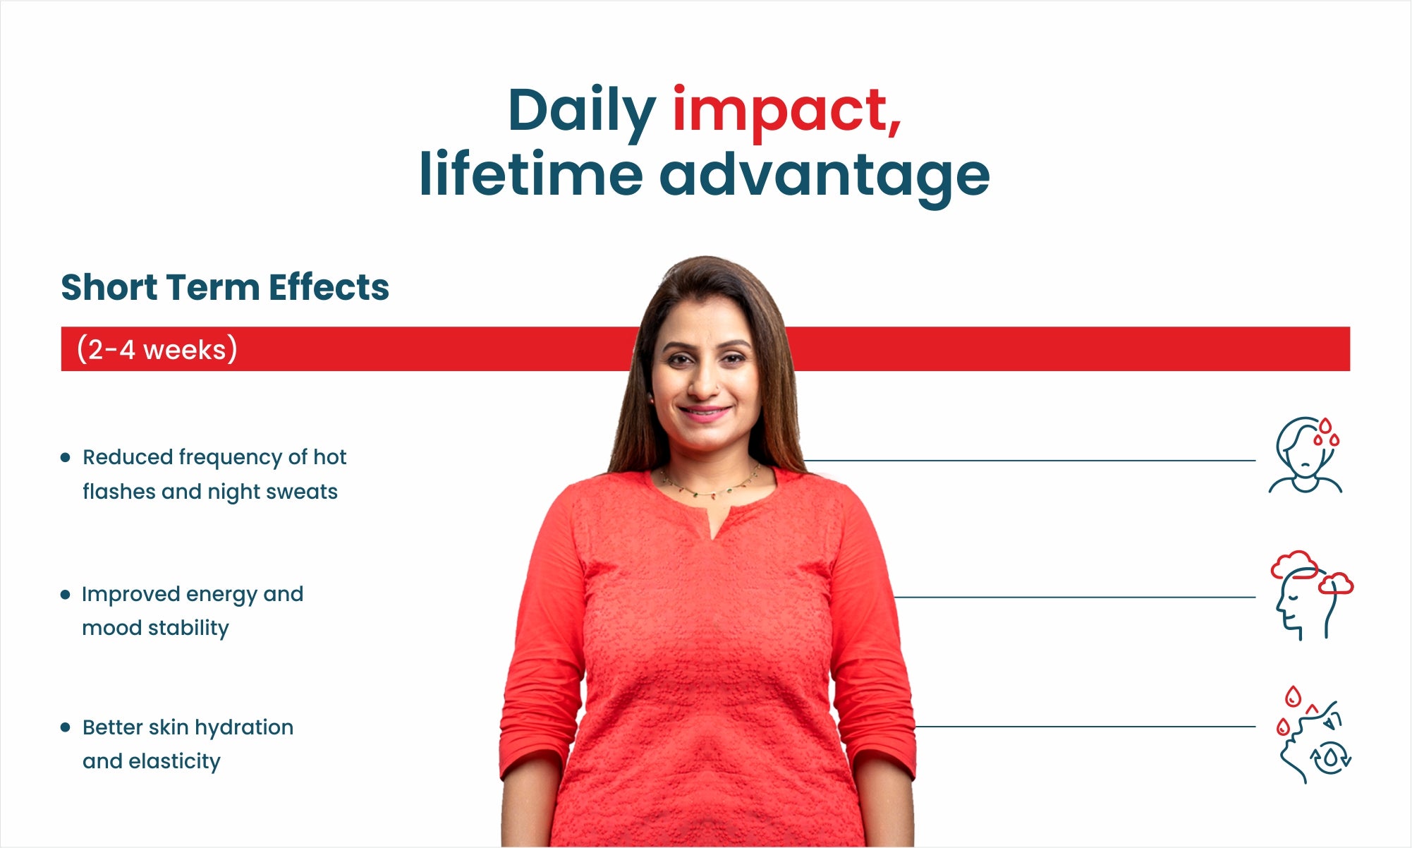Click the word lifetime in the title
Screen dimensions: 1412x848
pos(531,173)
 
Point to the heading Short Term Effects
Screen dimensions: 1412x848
pos(225,287)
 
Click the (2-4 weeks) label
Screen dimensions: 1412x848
pos(157,349)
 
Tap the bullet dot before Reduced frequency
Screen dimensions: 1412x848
pos(66,457)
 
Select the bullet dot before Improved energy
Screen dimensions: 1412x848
pos(66,595)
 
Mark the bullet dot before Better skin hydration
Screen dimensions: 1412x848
pos(66,727)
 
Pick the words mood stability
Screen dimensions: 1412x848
pos(155,628)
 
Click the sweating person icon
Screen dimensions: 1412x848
pos(1306,455)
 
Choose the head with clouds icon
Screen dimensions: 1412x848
pos(1311,595)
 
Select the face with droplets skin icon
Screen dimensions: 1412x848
pos(1314,734)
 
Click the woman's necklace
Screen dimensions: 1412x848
pos(711,485)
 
